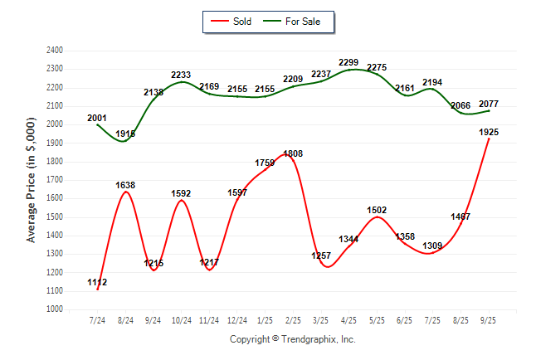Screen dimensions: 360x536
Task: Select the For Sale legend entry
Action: coord(295,22)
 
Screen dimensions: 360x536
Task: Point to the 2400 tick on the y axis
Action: coord(54,50)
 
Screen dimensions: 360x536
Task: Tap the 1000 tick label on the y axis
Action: coord(54,309)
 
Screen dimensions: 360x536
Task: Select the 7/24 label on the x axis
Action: coord(97,319)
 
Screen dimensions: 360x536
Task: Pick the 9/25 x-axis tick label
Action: coord(489,319)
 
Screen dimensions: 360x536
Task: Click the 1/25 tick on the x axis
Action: coord(265,319)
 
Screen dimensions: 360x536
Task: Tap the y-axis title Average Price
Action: coord(32,179)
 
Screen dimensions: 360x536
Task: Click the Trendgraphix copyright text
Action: coord(292,339)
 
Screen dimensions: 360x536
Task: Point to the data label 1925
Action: coord(489,133)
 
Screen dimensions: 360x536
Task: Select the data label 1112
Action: coord(97,283)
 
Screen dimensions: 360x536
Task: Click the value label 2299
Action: coord(349,62)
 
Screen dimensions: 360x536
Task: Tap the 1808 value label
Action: coord(293,153)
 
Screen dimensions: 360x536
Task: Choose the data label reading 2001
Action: coord(97,119)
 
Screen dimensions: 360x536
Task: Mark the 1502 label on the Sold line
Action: coord(377,211)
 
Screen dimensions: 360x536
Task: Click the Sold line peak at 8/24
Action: coord(125,192)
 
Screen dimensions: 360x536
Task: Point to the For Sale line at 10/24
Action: coord(181,81)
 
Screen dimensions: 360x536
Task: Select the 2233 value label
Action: coord(181,75)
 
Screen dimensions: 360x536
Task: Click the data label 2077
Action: coord(489,104)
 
